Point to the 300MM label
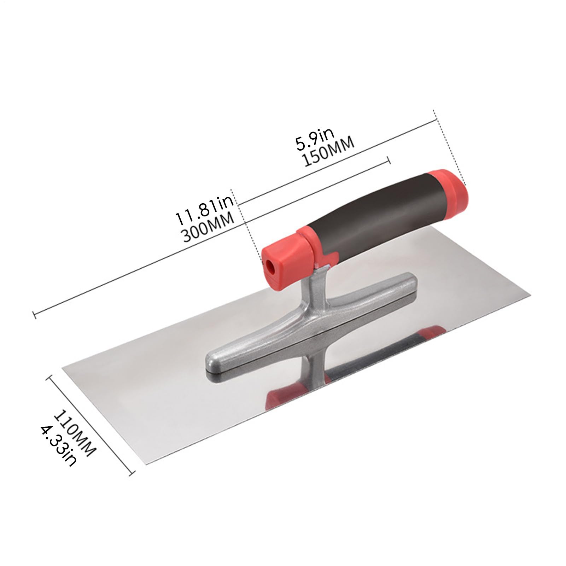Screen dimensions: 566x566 point(209,226)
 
